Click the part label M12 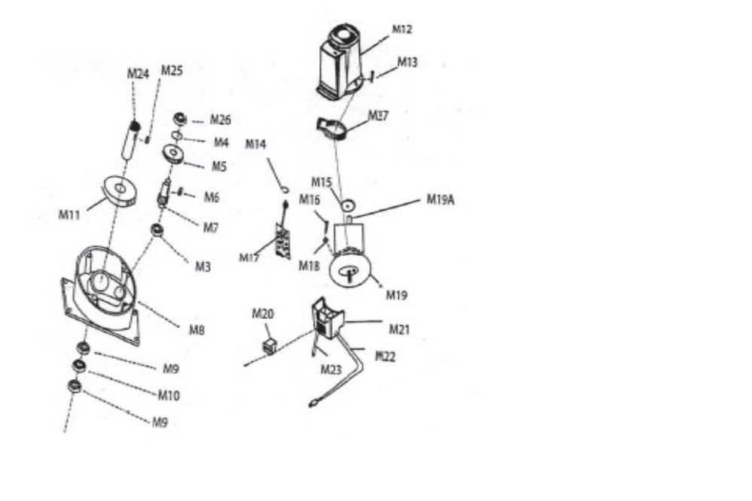coord(402,29)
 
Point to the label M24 coord(138,73)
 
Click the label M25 coord(172,71)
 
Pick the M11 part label coord(70,214)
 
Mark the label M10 coord(169,395)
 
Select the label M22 coord(385,356)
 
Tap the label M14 coord(256,144)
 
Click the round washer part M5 coord(173,153)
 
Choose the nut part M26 coord(179,118)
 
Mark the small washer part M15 coord(348,205)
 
